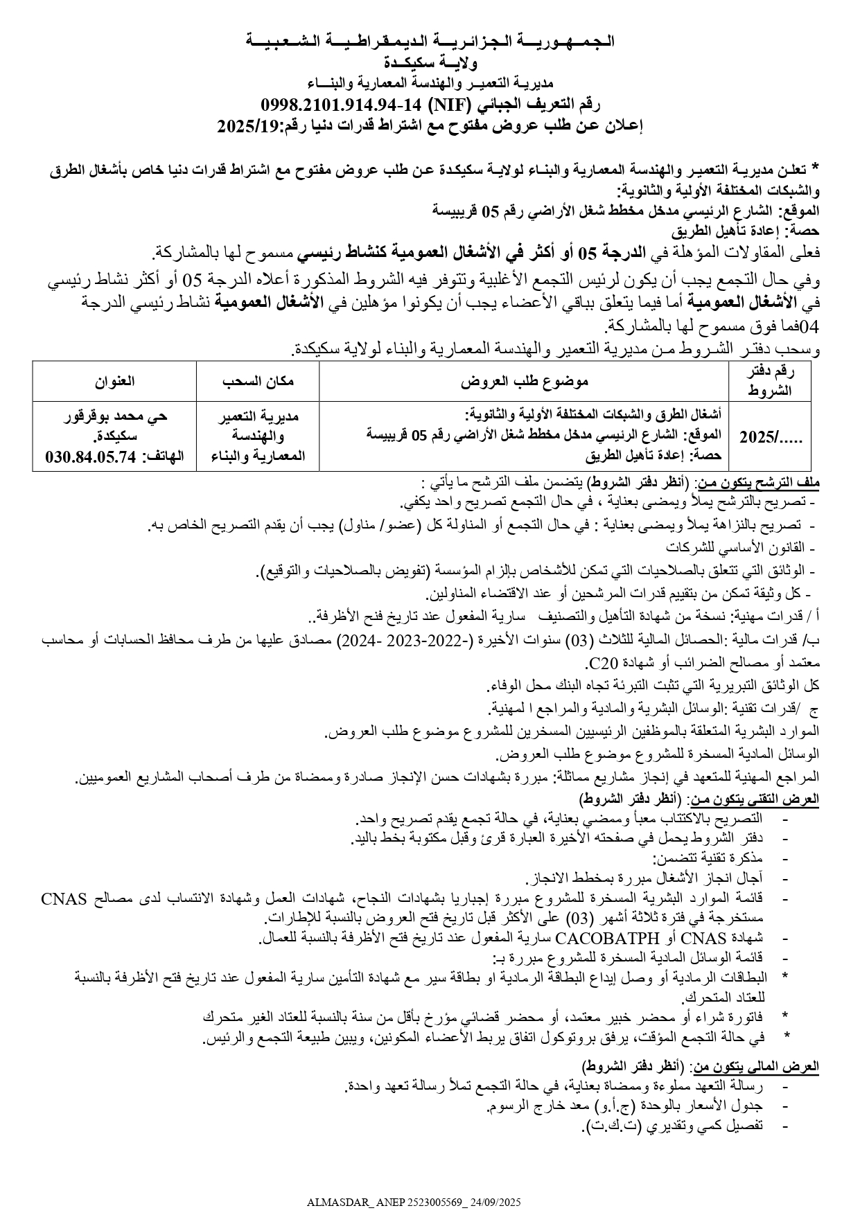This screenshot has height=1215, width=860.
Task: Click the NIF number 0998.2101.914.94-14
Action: click(x=340, y=105)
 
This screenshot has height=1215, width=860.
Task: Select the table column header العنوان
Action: click(x=114, y=380)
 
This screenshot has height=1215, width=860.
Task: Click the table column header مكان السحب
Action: click(x=258, y=380)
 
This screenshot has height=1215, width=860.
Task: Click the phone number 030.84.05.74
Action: click(x=89, y=456)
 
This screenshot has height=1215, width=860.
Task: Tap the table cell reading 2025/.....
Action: click(x=768, y=436)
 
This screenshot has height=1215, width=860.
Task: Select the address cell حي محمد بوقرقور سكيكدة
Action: click(x=115, y=426)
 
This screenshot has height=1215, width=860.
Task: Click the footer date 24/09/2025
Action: click(x=495, y=1202)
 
